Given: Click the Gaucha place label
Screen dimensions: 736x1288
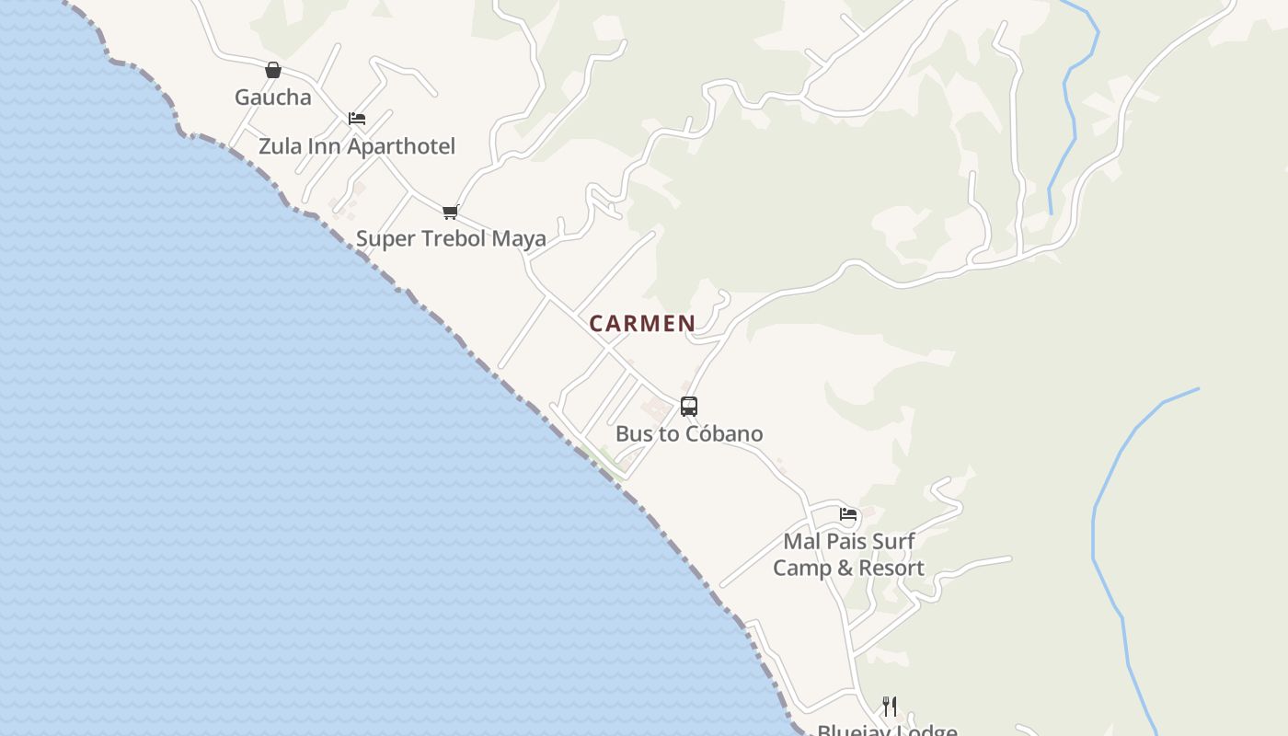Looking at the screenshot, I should click(x=272, y=98).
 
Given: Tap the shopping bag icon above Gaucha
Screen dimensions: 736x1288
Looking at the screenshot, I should click(x=272, y=70).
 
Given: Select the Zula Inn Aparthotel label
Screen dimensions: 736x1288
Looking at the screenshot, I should click(x=356, y=146).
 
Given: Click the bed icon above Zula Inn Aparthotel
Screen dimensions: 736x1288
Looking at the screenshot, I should click(x=357, y=119).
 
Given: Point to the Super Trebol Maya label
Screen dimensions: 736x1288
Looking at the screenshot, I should click(x=451, y=238).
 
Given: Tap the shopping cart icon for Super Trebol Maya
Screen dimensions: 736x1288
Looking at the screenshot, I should click(x=450, y=213).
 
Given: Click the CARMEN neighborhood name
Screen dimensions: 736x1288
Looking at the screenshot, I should click(x=642, y=324).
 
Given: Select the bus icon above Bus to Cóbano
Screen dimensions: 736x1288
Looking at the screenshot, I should click(x=689, y=406).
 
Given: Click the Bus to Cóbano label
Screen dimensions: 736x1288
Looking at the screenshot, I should click(x=689, y=433).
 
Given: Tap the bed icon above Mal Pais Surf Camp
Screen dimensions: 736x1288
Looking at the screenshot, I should click(x=848, y=513).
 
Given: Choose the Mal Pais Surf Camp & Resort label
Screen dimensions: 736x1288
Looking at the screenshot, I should click(x=848, y=554).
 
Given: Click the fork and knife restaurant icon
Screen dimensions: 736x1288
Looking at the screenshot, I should click(x=889, y=707).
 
